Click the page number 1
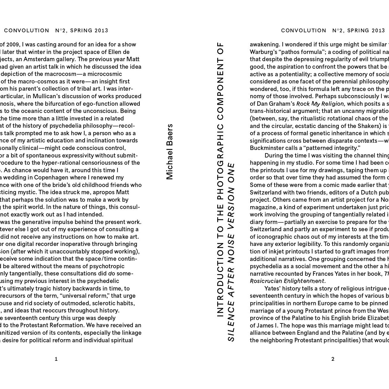(56, 359)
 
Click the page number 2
(333, 359)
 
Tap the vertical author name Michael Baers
(170, 152)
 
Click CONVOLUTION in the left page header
(27, 30)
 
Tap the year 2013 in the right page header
(378, 30)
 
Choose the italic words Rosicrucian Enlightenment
(287, 281)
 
